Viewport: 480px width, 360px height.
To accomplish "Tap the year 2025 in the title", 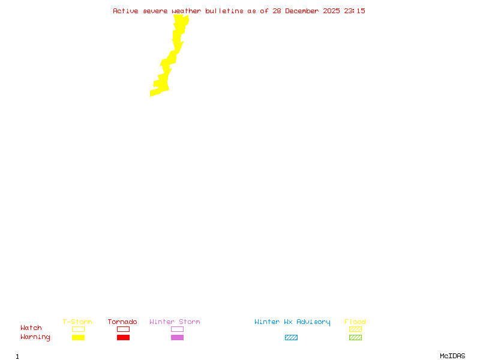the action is coord(331,11).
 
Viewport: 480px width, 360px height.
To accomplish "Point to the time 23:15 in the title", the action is coord(355,11).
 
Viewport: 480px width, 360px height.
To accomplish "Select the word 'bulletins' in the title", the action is coord(224,11).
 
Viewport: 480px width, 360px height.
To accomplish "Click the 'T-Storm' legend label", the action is coord(77,322).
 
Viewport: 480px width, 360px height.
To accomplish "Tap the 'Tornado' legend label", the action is coord(122,322).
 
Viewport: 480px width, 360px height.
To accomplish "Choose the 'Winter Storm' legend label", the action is coord(175,322).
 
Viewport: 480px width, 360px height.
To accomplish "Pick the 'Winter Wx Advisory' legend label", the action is coord(292,322).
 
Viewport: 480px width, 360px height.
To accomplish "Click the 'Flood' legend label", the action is coord(355,322).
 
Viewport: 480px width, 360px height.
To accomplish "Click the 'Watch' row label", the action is coord(31,328).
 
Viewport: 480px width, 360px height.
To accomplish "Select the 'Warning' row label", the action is coord(35,337).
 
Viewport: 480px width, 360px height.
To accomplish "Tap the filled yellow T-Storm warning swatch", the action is coord(78,337).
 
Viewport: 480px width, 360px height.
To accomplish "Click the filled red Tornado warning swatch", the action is coord(123,337).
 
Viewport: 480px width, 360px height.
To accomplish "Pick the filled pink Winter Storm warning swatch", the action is coord(177,337).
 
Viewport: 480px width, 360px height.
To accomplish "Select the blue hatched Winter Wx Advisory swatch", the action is coord(291,337).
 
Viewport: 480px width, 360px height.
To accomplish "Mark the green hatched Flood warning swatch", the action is coord(355,337).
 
